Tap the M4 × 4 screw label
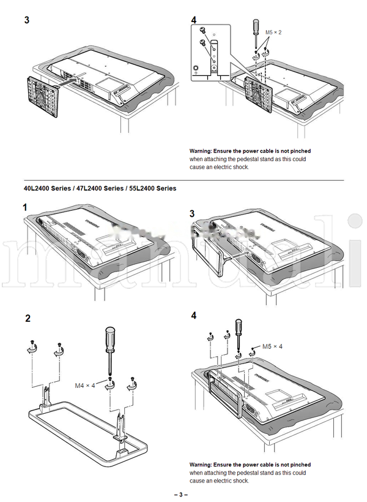[x=86, y=386]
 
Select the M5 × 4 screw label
[x=272, y=347]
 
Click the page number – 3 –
[x=181, y=494]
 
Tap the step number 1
[x=25, y=208]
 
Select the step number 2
[x=28, y=319]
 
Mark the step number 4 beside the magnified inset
[x=194, y=20]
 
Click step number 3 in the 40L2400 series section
[x=192, y=213]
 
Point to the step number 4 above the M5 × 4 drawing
[x=194, y=316]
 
